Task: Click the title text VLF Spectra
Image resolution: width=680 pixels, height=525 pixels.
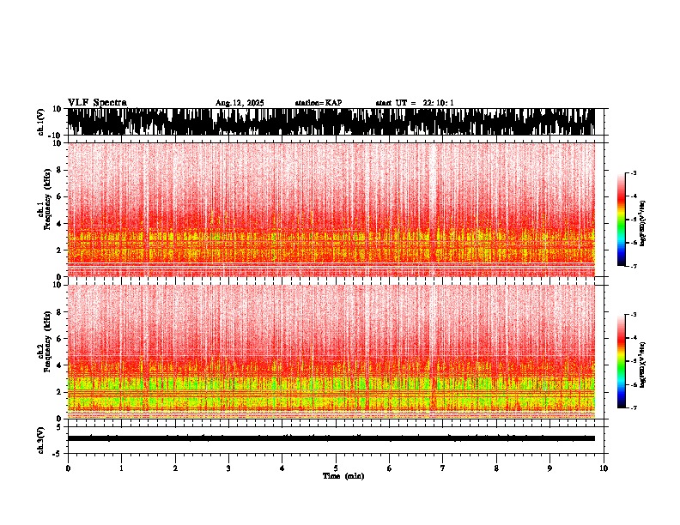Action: pyautogui.click(x=97, y=102)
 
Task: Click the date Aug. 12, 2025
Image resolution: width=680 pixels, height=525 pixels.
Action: pyautogui.click(x=240, y=103)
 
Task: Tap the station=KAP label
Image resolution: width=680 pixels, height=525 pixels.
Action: pyautogui.click(x=319, y=103)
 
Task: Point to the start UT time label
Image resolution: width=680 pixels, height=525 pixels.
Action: pyautogui.click(x=415, y=103)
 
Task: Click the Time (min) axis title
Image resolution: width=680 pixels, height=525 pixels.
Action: pyautogui.click(x=343, y=476)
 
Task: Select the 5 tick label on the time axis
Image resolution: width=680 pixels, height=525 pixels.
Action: pyautogui.click(x=336, y=468)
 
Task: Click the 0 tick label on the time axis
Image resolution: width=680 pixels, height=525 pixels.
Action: pyautogui.click(x=68, y=468)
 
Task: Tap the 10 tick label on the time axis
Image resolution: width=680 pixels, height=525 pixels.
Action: pyautogui.click(x=604, y=468)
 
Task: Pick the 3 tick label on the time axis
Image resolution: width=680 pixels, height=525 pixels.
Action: pyautogui.click(x=228, y=468)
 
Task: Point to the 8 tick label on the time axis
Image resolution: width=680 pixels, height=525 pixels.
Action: pyautogui.click(x=496, y=468)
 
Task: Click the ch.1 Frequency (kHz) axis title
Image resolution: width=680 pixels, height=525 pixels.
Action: pyautogui.click(x=42, y=209)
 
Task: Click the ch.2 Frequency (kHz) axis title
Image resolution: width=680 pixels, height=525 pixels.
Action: pyautogui.click(x=42, y=350)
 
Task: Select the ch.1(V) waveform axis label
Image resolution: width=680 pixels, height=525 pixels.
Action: pyautogui.click(x=41, y=122)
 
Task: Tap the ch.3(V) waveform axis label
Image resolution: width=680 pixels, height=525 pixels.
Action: pyautogui.click(x=41, y=438)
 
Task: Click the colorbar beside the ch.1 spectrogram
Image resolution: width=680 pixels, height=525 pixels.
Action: pyautogui.click(x=622, y=220)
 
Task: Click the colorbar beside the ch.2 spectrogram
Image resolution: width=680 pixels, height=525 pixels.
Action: pyautogui.click(x=622, y=360)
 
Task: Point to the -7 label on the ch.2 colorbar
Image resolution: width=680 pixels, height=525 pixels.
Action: pyautogui.click(x=634, y=407)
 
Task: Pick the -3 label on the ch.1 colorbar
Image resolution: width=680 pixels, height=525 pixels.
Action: pyautogui.click(x=634, y=173)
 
